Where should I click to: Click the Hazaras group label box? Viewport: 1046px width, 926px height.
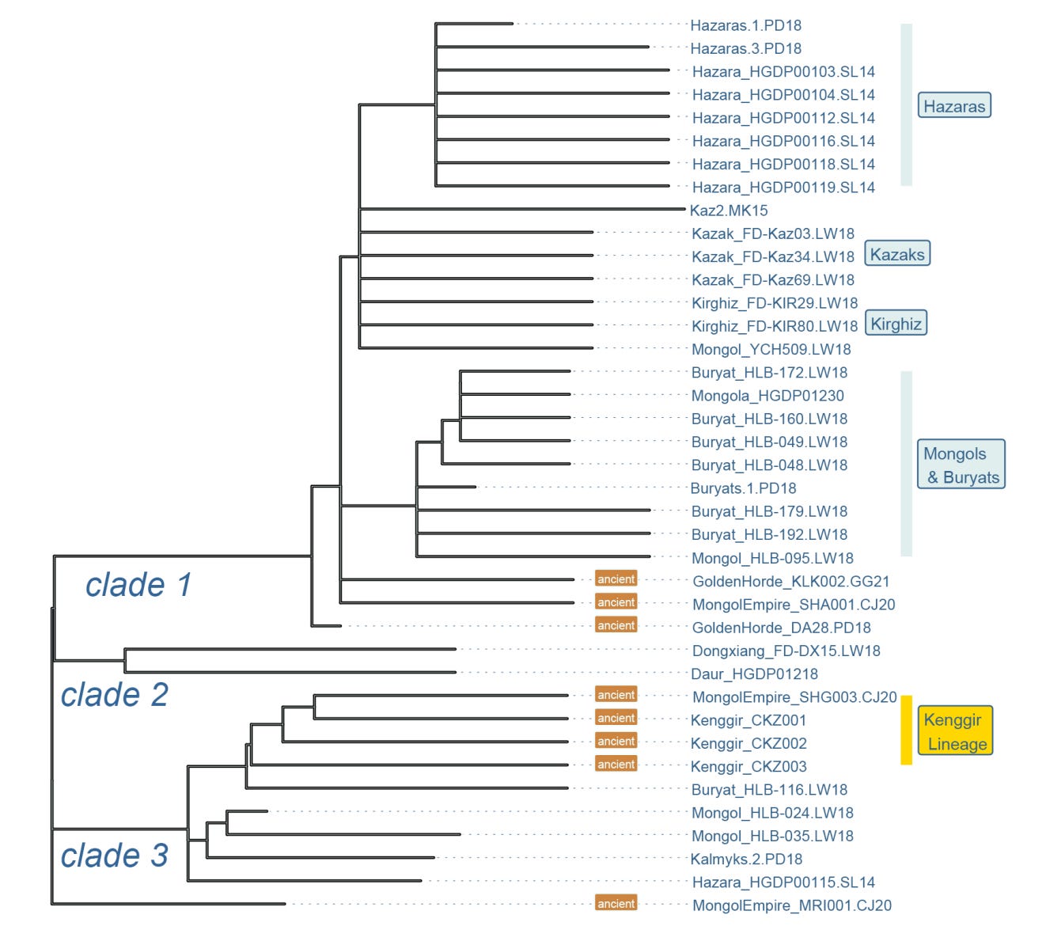click(954, 106)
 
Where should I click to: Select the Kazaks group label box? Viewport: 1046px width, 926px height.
click(896, 254)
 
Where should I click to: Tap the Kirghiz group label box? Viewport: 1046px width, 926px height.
click(896, 324)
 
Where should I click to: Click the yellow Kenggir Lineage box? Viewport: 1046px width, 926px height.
click(956, 731)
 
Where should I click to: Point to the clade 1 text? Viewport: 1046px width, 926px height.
click(138, 585)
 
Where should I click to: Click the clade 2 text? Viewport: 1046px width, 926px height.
click(115, 694)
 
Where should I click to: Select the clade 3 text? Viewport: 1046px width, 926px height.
click(115, 855)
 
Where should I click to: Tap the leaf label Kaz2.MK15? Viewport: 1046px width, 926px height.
click(729, 211)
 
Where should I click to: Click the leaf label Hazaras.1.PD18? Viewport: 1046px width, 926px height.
click(745, 25)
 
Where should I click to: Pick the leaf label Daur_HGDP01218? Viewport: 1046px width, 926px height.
click(755, 674)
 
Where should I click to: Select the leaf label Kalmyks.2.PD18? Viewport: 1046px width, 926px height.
click(746, 859)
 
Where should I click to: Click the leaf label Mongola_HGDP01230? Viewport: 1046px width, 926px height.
click(767, 396)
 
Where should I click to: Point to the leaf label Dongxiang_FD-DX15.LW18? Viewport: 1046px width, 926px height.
click(786, 651)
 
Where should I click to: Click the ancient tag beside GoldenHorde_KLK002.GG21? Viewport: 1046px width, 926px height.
click(616, 579)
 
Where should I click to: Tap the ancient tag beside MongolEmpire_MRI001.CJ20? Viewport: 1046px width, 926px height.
click(616, 904)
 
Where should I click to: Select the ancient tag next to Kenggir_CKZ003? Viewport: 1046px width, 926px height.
click(616, 765)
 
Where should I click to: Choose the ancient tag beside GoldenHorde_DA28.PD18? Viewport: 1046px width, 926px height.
click(616, 626)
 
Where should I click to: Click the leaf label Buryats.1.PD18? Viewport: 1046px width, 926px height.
click(743, 488)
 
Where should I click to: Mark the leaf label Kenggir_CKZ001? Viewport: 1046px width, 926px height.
click(748, 720)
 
